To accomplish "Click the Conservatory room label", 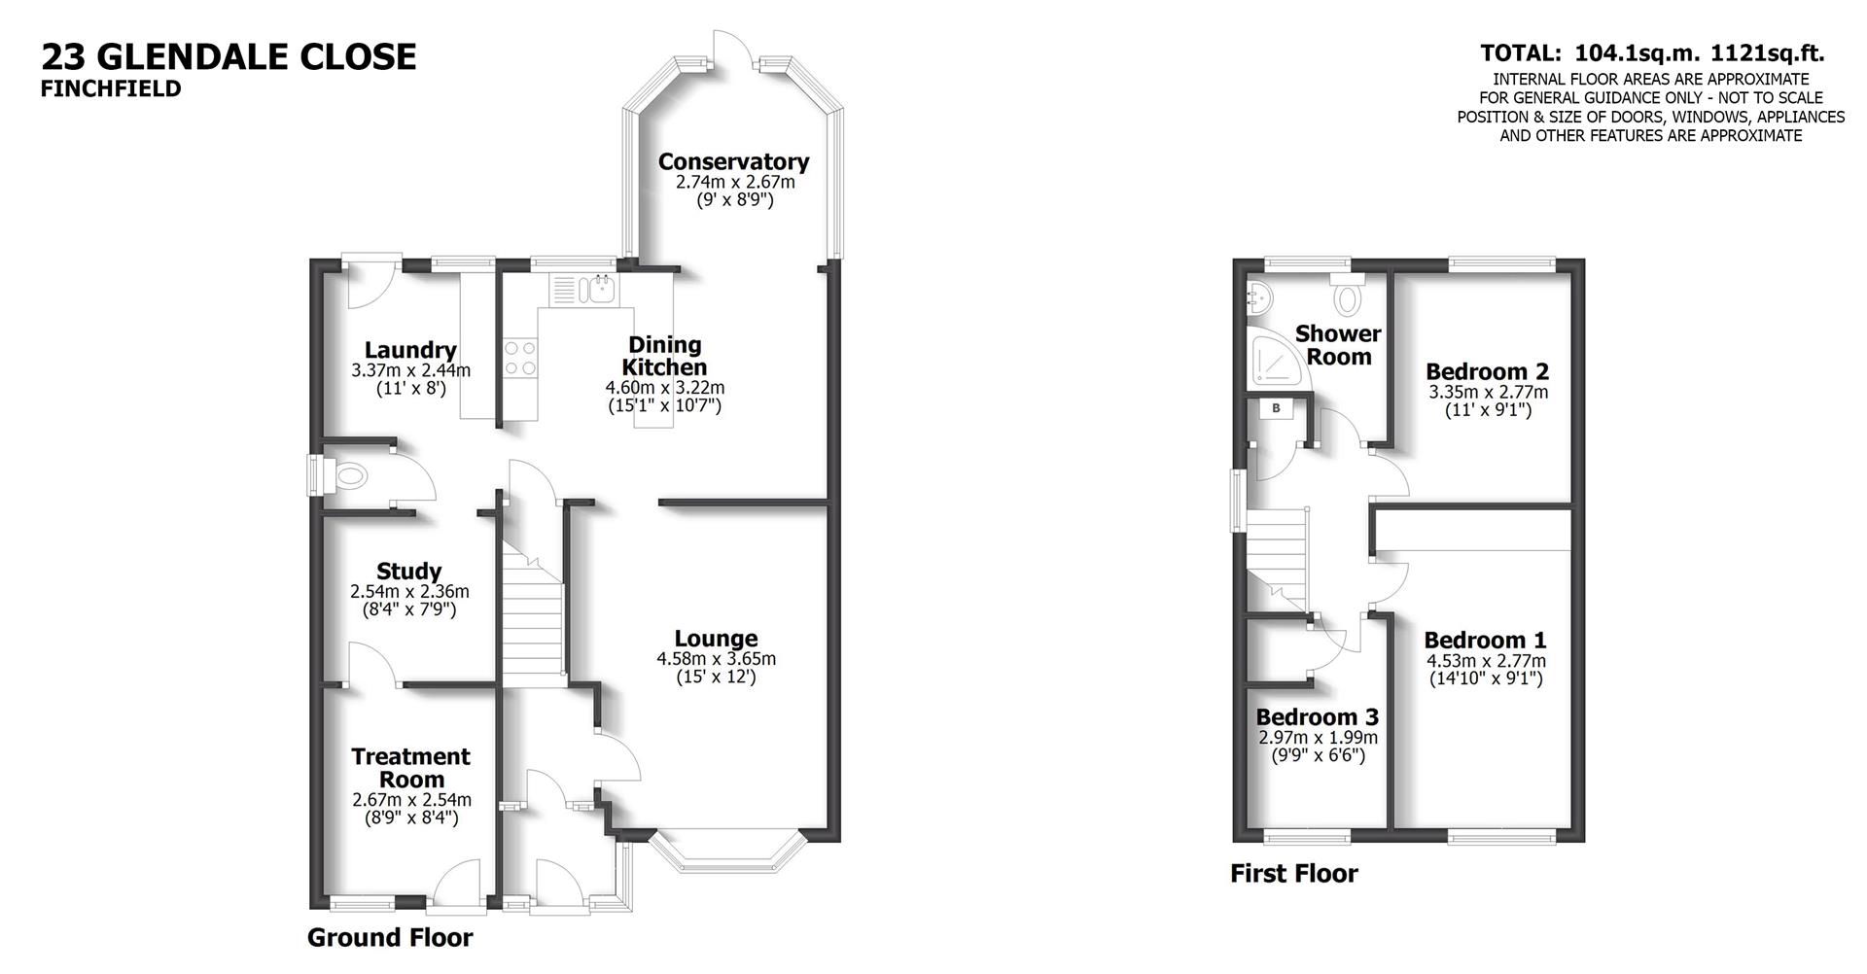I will (733, 161).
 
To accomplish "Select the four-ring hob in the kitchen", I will (519, 357).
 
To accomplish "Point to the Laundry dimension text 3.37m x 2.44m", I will (410, 370).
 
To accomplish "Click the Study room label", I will (408, 571).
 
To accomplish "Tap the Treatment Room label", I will (410, 767).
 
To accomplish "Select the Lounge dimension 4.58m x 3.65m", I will (716, 658).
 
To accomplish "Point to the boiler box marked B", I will (1276, 408).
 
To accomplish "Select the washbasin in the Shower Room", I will (1255, 296).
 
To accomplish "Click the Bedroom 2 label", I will (1487, 371).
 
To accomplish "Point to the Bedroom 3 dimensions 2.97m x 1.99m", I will (1318, 738).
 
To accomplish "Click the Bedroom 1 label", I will (1485, 640).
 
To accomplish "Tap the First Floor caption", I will (1293, 873).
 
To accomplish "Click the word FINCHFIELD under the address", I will (111, 88).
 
